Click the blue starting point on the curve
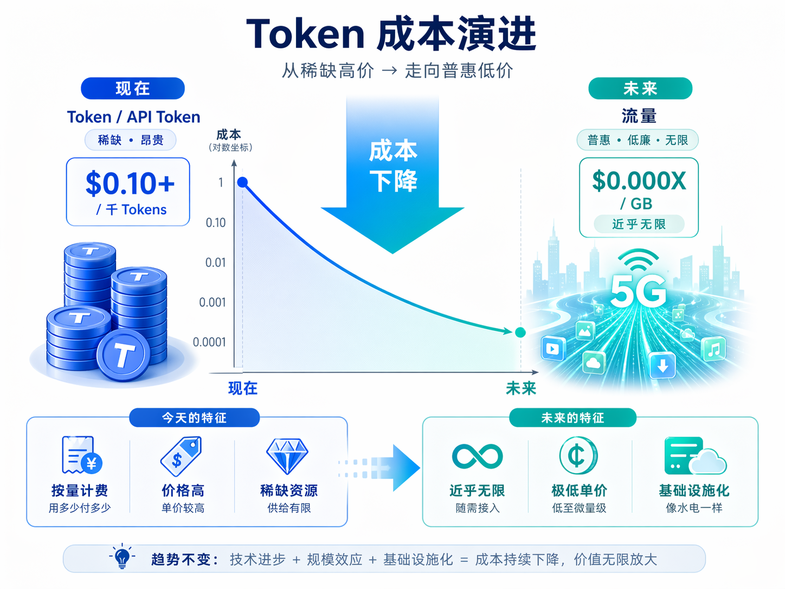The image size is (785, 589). [x=242, y=182]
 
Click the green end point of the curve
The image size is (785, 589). [x=520, y=332]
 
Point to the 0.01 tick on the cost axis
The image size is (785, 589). [x=215, y=263]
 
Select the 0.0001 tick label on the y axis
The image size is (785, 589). [x=209, y=342]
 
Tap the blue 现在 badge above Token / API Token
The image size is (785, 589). [x=133, y=88]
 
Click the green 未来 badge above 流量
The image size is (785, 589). [x=640, y=88]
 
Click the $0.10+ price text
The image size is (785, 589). [x=130, y=183]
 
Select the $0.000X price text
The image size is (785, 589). [x=639, y=181]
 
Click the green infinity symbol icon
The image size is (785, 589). [x=478, y=456]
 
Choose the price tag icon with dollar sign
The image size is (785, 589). [x=181, y=456]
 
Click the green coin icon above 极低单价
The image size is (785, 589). [x=578, y=456]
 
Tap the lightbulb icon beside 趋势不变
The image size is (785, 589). [x=122, y=556]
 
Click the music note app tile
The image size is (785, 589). [x=713, y=349]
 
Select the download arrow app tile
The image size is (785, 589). [x=662, y=365]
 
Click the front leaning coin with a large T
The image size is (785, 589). [x=124, y=355]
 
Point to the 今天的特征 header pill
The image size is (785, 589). [x=194, y=418]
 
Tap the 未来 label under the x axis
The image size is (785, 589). [x=521, y=388]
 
